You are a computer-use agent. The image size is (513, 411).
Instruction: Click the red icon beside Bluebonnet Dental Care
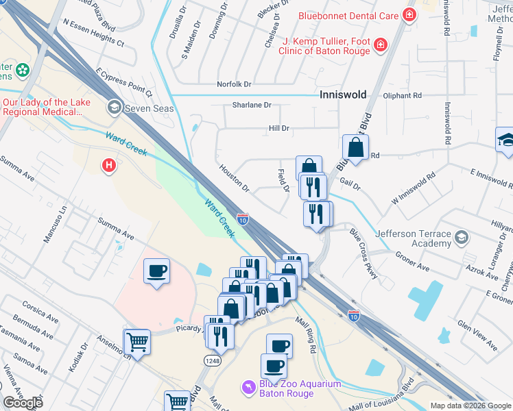[409, 14]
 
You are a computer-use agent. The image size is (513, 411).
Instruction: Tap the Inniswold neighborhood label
[343, 95]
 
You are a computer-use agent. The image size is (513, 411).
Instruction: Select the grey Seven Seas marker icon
[114, 108]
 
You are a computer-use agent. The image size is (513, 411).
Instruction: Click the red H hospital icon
[108, 165]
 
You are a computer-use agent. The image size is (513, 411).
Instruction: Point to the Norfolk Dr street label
[235, 84]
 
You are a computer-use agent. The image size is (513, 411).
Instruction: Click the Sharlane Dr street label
[251, 105]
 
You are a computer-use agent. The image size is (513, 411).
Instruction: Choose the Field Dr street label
[283, 181]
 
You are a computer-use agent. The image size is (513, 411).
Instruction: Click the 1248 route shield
[212, 360]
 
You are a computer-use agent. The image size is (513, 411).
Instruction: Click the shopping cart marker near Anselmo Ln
[137, 342]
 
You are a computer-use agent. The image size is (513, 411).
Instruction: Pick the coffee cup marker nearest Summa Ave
[157, 272]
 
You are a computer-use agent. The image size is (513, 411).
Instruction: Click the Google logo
[23, 403]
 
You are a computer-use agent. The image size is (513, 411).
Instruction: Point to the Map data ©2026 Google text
[470, 406]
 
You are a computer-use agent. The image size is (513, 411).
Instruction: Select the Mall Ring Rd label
[305, 334]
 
